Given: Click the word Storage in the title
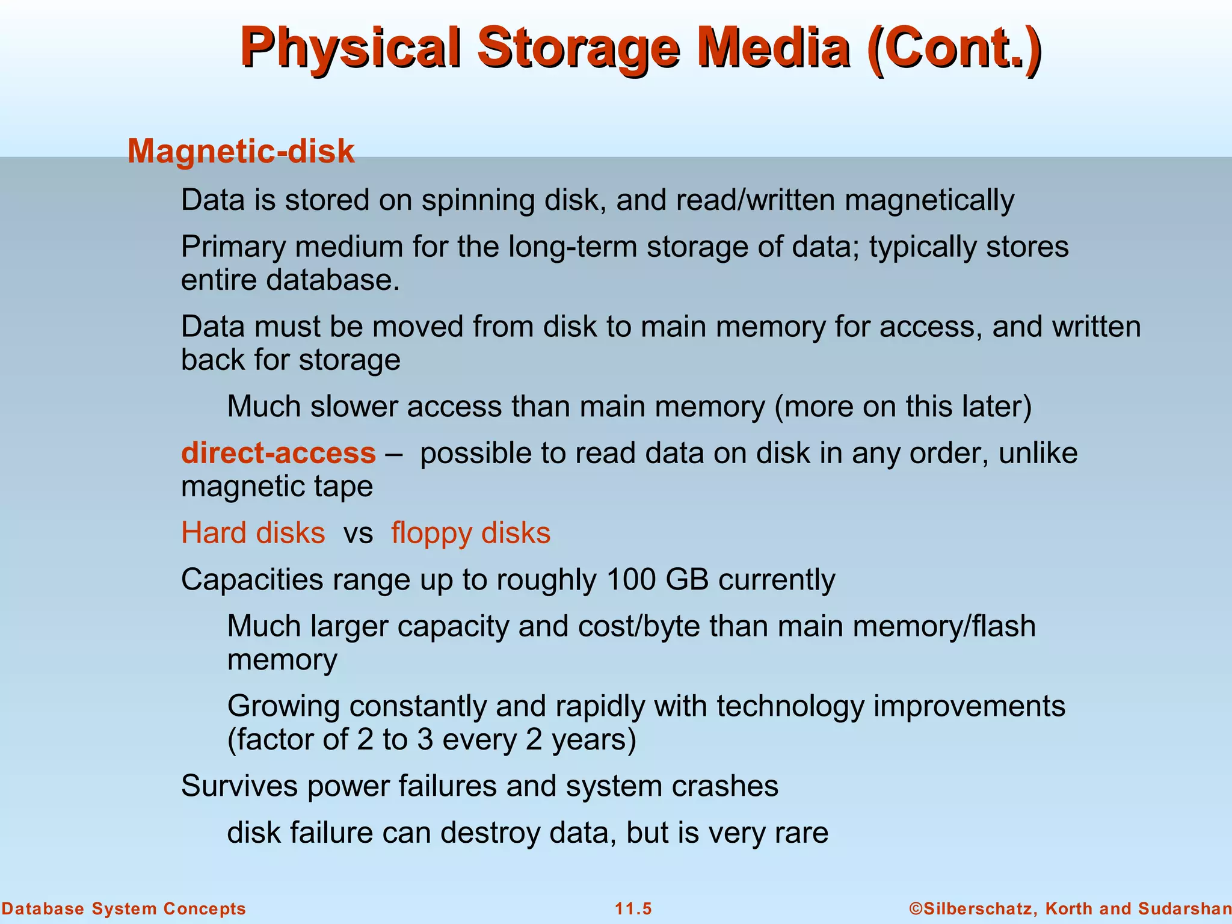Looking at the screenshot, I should click(x=578, y=48).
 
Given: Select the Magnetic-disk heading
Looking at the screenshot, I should click(x=241, y=151).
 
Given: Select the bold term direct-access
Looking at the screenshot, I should click(x=279, y=453).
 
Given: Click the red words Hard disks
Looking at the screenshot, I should click(x=253, y=533).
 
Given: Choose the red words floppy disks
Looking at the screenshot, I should click(x=470, y=533).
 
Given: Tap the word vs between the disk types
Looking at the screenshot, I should click(x=358, y=534).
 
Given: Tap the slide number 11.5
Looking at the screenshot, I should click(x=633, y=909).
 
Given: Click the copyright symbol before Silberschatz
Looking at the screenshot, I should click(x=916, y=908).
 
